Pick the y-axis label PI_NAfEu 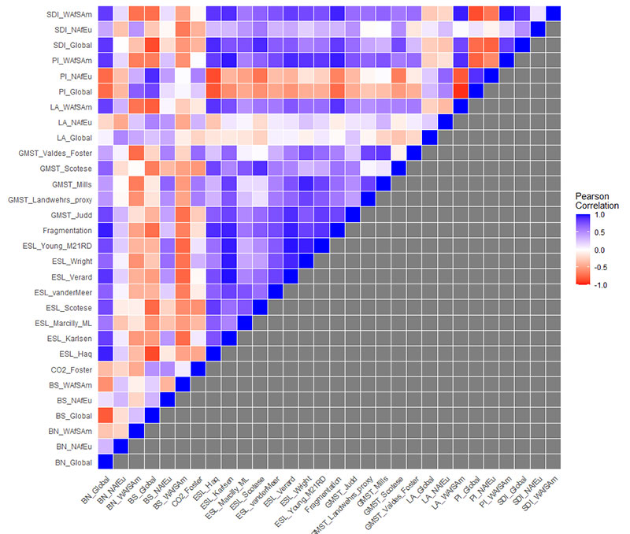75,76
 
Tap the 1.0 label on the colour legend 601,215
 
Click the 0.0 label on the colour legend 601,250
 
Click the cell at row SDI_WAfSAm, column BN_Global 105,14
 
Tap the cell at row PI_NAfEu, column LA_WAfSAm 461,76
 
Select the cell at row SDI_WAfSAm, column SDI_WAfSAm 553,14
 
